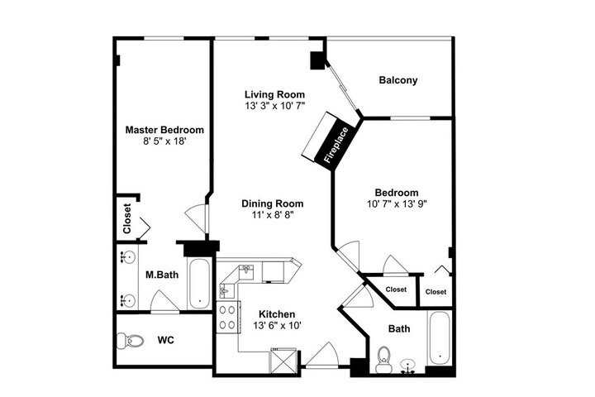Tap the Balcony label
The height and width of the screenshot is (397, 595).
click(x=398, y=80)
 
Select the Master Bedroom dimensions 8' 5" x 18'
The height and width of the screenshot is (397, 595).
click(x=164, y=141)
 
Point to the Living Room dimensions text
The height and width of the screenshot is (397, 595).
click(x=274, y=106)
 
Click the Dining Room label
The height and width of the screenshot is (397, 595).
click(x=273, y=203)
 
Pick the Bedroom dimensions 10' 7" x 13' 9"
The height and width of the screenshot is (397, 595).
click(x=397, y=204)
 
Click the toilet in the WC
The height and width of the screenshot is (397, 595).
click(x=131, y=341)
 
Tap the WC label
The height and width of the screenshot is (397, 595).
click(x=166, y=340)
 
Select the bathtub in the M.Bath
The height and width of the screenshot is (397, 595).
click(x=199, y=284)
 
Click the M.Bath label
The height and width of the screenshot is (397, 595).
click(x=162, y=275)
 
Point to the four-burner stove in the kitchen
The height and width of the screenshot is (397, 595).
click(x=228, y=318)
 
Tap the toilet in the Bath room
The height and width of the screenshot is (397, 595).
click(x=383, y=360)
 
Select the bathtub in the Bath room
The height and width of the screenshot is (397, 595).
click(x=440, y=337)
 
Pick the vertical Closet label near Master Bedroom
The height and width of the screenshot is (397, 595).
click(x=126, y=218)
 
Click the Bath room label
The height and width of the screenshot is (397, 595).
click(x=399, y=328)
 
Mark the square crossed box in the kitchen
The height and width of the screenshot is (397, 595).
click(x=283, y=361)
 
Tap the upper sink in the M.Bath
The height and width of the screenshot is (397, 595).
click(x=127, y=257)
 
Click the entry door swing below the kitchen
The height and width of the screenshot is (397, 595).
click(x=322, y=354)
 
